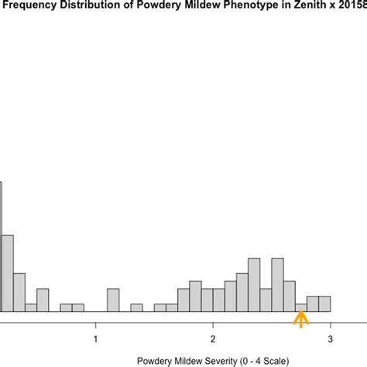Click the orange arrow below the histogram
pyautogui.click(x=300, y=319)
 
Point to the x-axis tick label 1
pyautogui.click(x=95, y=338)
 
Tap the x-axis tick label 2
pyautogui.click(x=213, y=338)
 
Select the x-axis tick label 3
pyautogui.click(x=331, y=338)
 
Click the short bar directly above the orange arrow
pyautogui.click(x=300, y=307)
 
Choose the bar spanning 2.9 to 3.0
pyautogui.click(x=324, y=304)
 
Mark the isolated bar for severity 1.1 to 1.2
pyautogui.click(x=113, y=300)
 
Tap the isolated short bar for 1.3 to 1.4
pyautogui.click(x=136, y=307)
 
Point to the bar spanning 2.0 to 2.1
pyautogui.click(x=218, y=300)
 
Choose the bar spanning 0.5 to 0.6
pyautogui.click(x=43, y=300)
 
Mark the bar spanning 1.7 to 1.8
pyautogui.click(x=183, y=300)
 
